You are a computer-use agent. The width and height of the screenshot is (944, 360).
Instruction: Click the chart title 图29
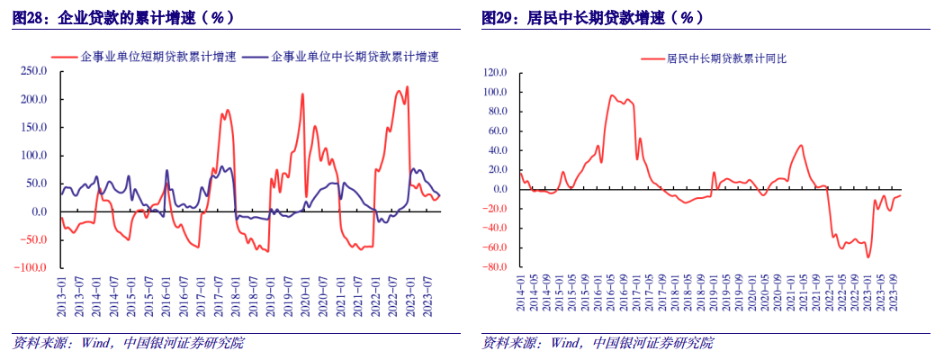click(x=593, y=18)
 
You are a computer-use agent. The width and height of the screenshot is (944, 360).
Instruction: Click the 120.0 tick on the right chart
click(x=496, y=72)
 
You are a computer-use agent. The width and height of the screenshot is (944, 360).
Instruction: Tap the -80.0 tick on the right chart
click(x=496, y=267)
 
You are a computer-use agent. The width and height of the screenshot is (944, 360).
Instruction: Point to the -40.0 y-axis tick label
click(x=496, y=229)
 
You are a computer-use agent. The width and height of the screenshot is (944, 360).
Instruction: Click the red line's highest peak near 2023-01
click(x=408, y=86)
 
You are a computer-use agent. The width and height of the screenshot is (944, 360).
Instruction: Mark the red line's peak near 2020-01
click(x=302, y=94)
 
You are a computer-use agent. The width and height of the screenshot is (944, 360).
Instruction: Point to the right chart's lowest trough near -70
click(x=868, y=257)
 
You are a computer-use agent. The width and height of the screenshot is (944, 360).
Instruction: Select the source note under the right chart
click(x=598, y=343)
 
